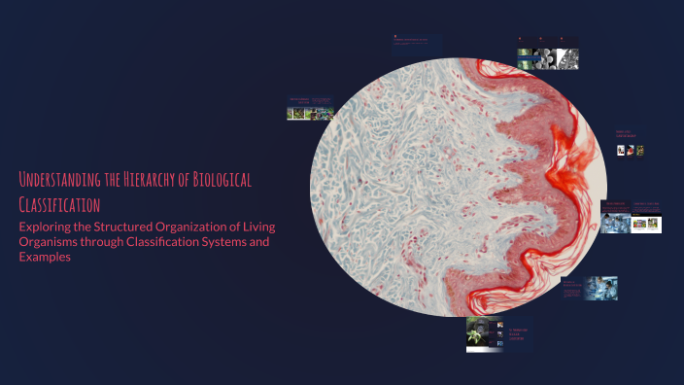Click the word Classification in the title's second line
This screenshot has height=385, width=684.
pos(59,205)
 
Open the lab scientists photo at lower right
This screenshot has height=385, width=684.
pos(600,289)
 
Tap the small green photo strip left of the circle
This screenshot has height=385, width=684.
pos(310,113)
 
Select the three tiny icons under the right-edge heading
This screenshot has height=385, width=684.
pos(632,151)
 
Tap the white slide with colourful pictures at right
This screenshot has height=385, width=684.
pos(647,223)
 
